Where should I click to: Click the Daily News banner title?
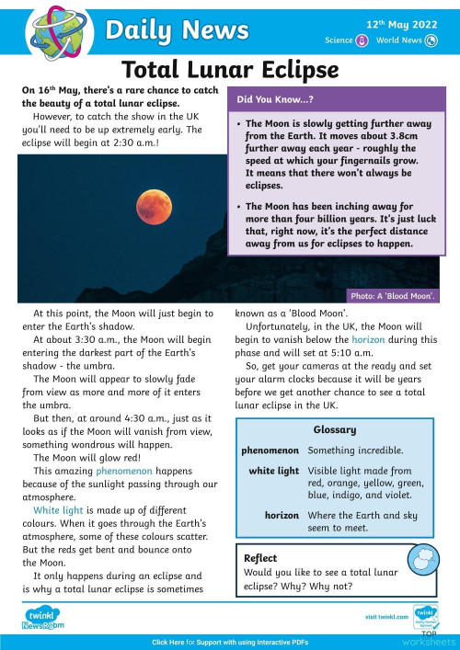click(165, 31)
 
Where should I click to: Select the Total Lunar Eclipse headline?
click(230, 70)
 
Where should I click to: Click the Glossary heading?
click(335, 430)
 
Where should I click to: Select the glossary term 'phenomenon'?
click(270, 450)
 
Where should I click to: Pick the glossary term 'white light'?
click(274, 471)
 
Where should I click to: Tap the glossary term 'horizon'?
click(282, 516)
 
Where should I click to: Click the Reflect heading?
click(260, 558)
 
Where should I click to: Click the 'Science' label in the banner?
click(339, 40)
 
